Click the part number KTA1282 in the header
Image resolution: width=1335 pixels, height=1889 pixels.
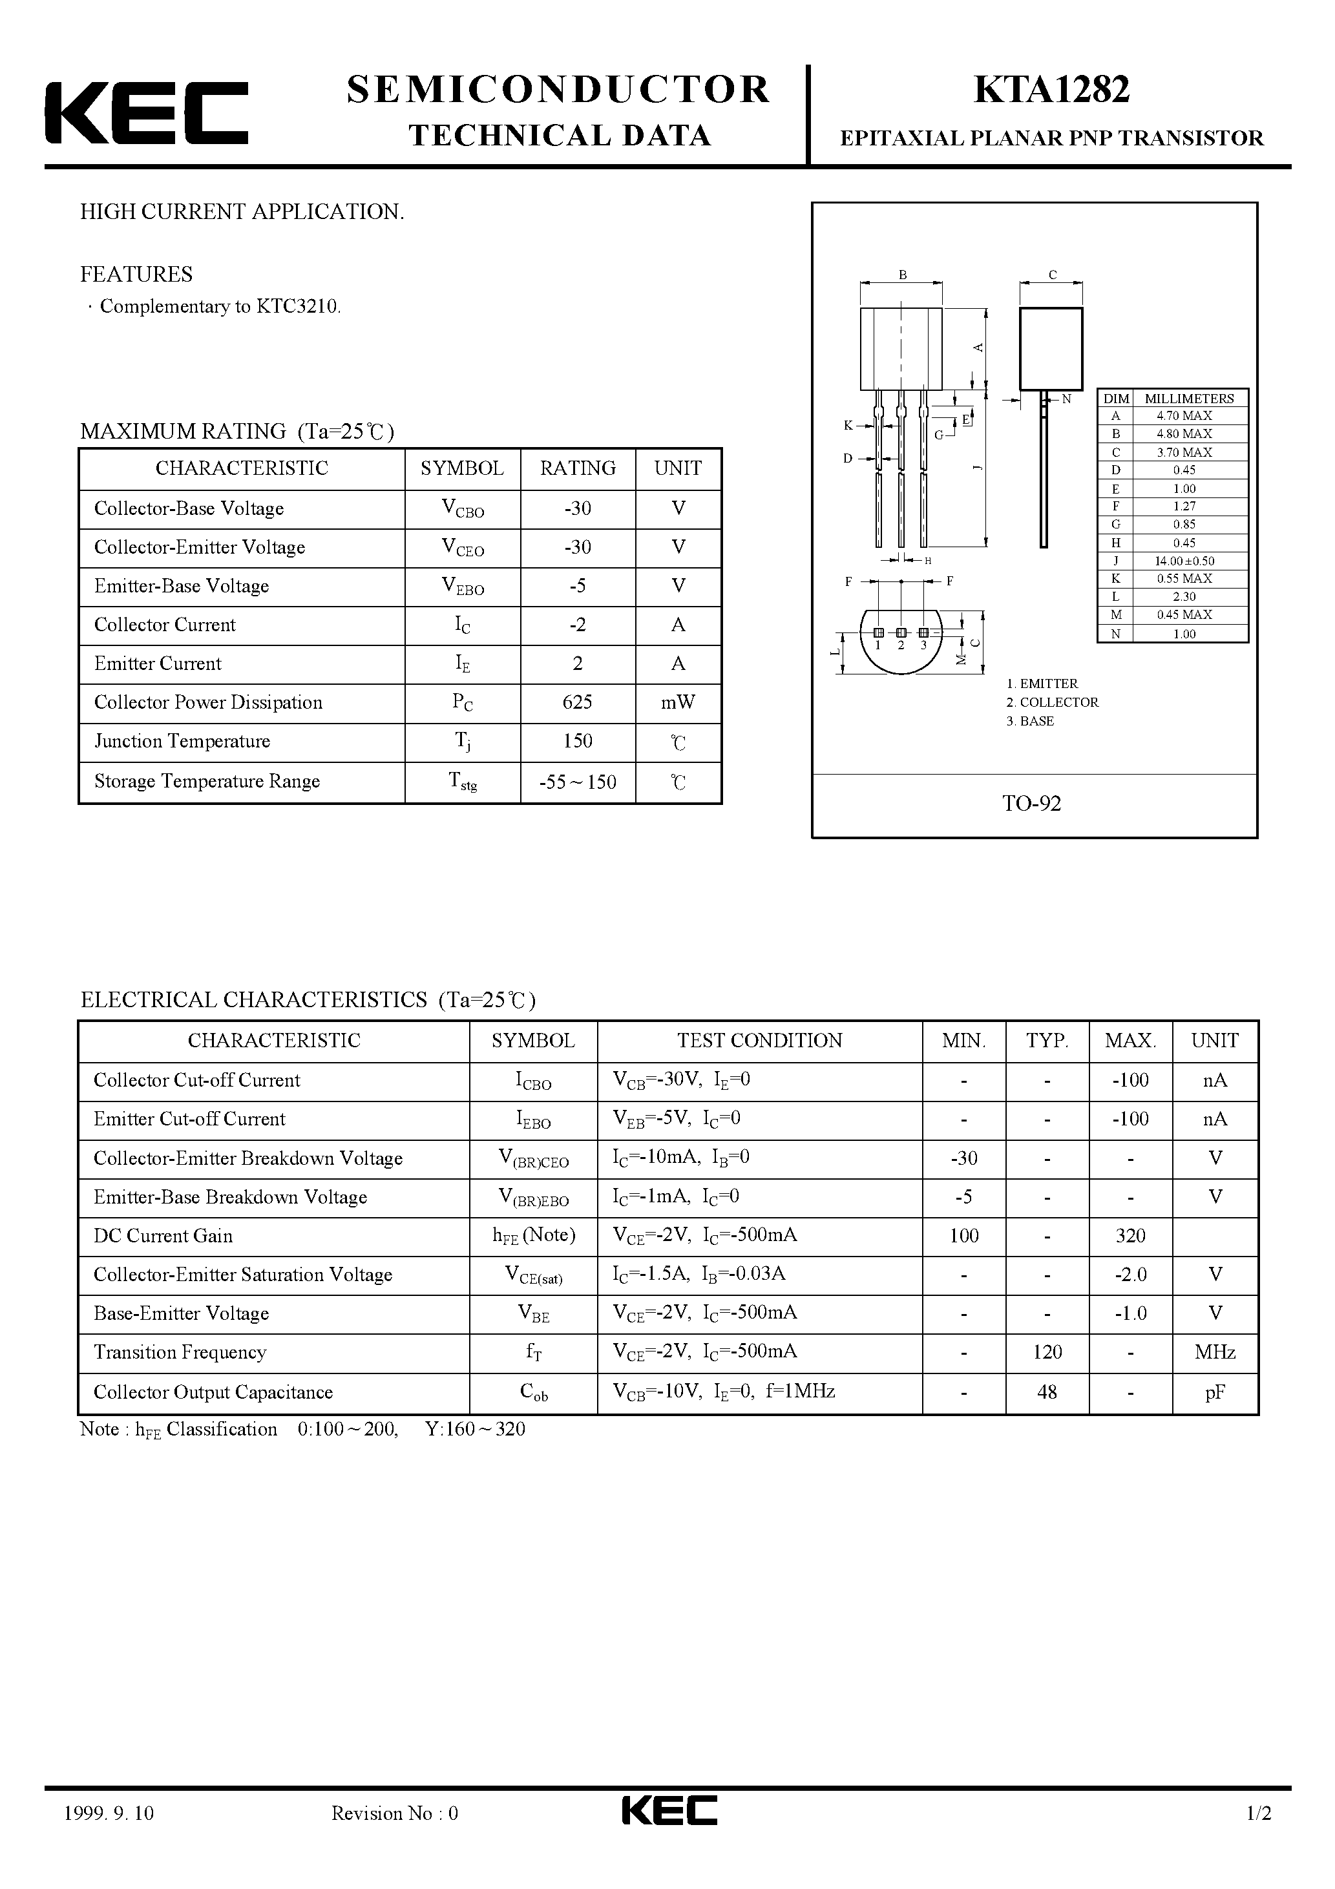[x=1051, y=90]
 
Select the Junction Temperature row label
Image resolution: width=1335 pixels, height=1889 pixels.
[x=182, y=741]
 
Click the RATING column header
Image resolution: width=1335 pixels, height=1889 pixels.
[x=578, y=468]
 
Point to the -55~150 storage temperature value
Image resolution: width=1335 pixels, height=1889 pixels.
[x=578, y=782]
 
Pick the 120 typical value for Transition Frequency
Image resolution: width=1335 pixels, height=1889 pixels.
[x=1047, y=1352]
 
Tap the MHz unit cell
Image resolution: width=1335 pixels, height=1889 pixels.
[x=1215, y=1352]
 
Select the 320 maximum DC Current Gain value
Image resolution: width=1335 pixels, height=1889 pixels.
[x=1130, y=1236]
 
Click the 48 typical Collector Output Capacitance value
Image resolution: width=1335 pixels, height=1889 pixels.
[x=1047, y=1392]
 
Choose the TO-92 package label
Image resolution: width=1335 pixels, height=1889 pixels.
[x=1031, y=803]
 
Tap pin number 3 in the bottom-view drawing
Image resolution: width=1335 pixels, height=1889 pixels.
[x=923, y=645]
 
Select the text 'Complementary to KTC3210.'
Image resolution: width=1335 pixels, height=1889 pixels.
[x=220, y=307]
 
